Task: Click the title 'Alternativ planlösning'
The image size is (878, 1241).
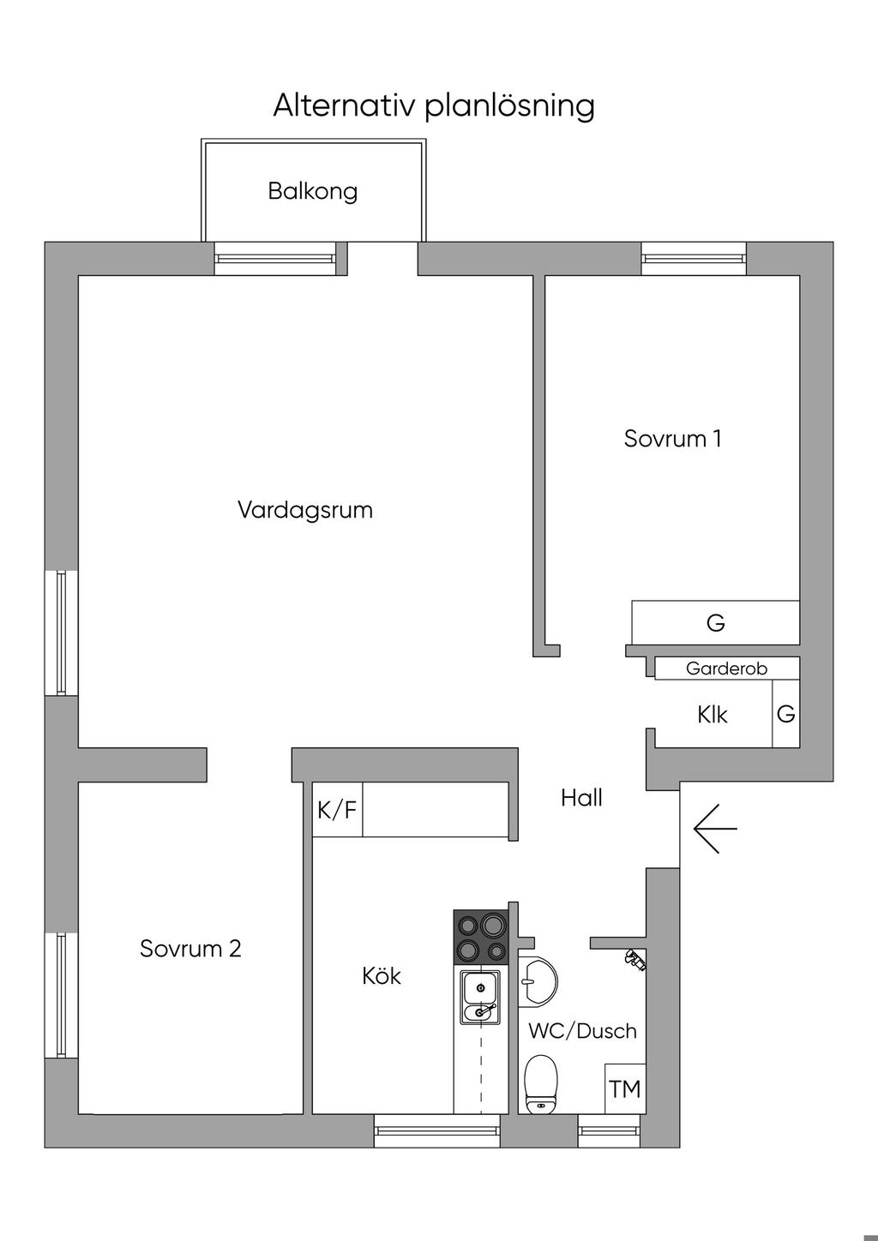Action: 433,106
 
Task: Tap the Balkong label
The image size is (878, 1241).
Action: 312,190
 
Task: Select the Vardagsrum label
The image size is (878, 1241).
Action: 305,511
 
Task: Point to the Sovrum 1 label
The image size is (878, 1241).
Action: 672,439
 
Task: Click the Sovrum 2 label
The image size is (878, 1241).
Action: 190,949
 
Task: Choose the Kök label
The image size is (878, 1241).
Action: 382,976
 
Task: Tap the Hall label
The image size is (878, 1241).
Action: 581,798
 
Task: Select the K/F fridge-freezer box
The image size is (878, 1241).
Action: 337,809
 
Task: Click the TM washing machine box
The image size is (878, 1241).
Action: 625,1088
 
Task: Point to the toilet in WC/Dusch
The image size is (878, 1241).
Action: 540,1083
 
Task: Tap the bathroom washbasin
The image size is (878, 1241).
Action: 538,978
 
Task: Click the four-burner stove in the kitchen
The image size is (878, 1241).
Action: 480,938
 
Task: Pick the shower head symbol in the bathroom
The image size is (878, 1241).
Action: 634,960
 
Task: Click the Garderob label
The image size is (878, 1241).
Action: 726,668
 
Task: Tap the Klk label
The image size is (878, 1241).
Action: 712,714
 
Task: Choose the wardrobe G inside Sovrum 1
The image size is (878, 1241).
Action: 715,622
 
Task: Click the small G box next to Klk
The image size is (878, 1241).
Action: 785,713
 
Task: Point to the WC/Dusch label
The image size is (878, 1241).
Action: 582,1030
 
